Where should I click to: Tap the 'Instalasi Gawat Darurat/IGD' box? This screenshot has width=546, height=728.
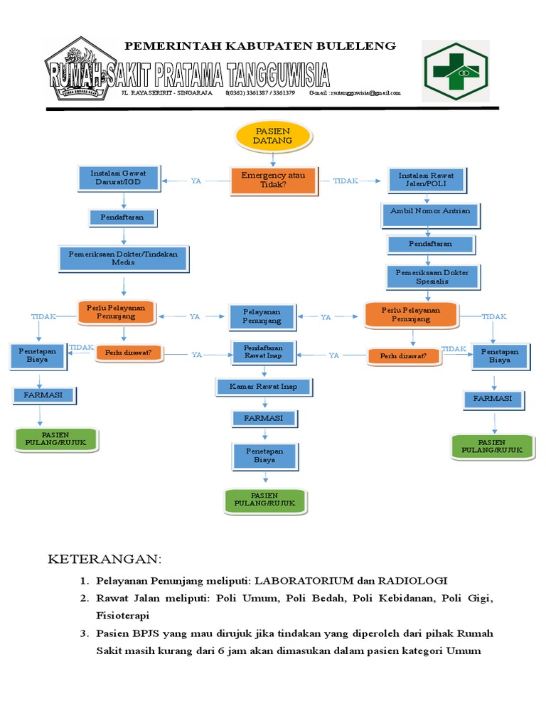click(x=119, y=178)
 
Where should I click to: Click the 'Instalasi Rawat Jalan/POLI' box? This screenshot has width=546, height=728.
click(x=426, y=179)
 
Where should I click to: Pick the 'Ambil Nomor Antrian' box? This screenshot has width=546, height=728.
click(x=430, y=213)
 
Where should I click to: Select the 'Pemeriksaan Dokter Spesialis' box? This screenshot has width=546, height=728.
click(x=432, y=277)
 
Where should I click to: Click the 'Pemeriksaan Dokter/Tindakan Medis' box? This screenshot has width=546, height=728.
click(x=123, y=257)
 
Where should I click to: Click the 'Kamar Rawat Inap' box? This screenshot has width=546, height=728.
click(x=263, y=387)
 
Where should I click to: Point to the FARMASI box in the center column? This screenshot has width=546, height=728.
click(x=263, y=419)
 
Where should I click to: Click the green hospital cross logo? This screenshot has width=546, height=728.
click(x=455, y=70)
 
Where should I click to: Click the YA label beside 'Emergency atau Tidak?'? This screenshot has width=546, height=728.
click(x=196, y=181)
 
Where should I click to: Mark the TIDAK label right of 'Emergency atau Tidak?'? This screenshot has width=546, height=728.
click(x=346, y=181)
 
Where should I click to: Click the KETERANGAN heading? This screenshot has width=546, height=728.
click(x=105, y=559)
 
